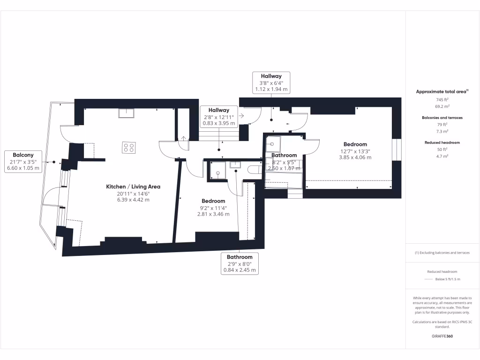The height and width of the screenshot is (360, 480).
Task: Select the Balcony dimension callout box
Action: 23,161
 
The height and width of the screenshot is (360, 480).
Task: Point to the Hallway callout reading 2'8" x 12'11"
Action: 219,117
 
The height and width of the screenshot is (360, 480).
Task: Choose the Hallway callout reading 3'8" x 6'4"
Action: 271,82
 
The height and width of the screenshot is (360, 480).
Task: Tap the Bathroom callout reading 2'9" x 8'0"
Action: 240,263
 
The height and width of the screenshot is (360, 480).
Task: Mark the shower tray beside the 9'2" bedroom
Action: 218,171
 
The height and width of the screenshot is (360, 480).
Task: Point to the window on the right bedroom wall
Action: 397,150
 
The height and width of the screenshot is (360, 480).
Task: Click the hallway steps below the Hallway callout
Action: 219,135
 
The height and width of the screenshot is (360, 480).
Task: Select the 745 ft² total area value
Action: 442,99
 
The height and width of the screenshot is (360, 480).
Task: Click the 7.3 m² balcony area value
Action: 442,131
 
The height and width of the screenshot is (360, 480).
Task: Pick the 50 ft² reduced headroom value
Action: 442,150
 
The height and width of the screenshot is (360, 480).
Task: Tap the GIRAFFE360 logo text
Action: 442,336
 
